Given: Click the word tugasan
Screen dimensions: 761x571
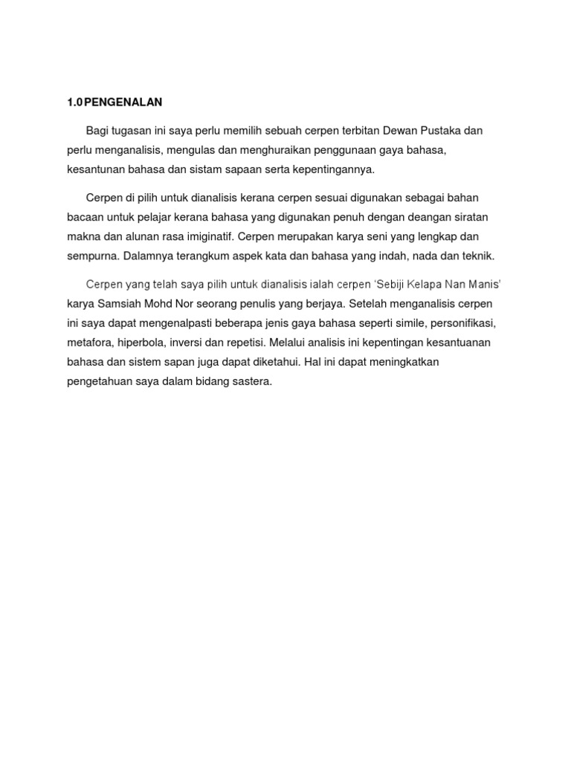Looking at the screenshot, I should click(130, 131).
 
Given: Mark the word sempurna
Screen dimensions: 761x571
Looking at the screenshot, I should click(91, 256).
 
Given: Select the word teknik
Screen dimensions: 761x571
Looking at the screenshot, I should click(477, 256).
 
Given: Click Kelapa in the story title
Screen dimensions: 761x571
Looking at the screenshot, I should click(428, 285).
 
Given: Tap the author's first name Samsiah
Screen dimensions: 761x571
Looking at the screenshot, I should click(121, 305).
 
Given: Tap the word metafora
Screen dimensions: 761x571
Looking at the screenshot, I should click(89, 343).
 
